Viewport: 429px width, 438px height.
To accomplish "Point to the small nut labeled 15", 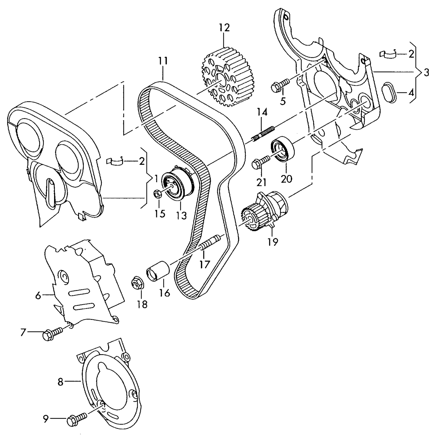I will click(158, 194).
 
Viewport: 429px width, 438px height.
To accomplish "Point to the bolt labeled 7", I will click(52, 333).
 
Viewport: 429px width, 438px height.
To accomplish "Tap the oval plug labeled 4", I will click(389, 92).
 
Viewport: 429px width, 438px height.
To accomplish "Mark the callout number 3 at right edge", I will click(426, 73).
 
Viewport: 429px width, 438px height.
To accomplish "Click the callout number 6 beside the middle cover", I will click(38, 295).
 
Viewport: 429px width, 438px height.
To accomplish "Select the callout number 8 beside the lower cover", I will click(60, 382).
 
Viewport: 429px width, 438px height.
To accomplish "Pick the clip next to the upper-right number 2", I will click(388, 53).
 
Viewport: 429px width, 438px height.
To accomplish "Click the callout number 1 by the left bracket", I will click(156, 179).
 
